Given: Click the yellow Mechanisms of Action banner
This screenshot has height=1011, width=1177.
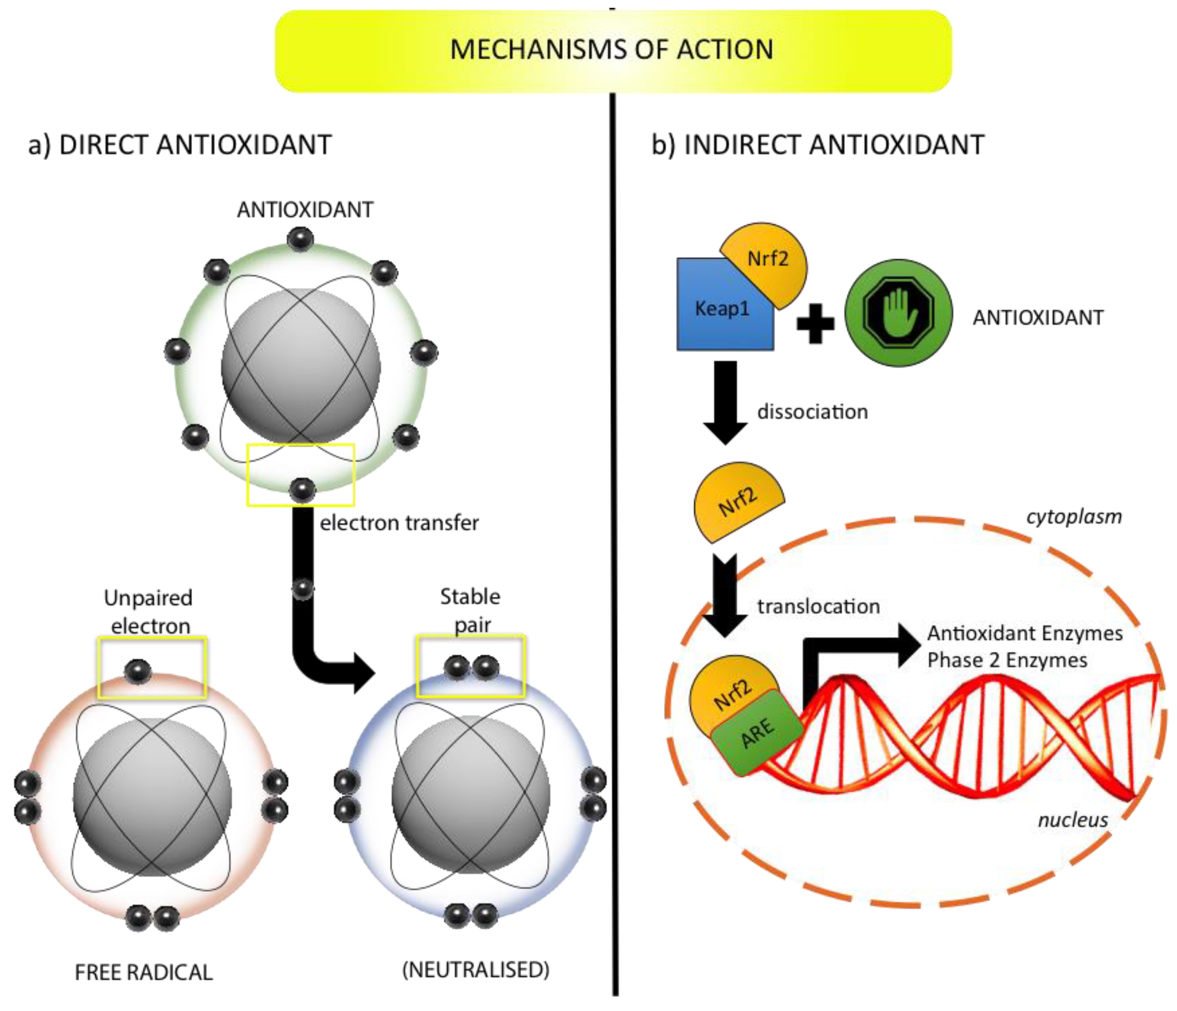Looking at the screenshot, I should pos(612,50).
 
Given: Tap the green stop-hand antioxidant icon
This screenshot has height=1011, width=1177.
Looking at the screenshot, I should pos(898,313).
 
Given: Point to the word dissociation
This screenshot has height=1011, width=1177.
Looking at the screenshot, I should pos(812,412).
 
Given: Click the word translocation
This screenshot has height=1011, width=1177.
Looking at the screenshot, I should pos(818,606).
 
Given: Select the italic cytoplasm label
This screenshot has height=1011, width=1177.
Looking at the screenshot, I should pos(1073,517).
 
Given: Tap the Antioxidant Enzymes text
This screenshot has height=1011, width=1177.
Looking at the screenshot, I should pos(1025,633).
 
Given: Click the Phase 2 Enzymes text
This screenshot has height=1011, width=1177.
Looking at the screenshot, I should pos(1007,661).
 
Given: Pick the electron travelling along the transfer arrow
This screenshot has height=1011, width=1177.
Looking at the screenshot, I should pos(302,588).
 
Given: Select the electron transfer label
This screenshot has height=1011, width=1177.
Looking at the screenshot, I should pos(399,523).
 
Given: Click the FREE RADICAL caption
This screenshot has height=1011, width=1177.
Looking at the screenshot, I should pos(144,972).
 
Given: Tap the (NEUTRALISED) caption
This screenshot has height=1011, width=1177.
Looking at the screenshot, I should pos(475,969).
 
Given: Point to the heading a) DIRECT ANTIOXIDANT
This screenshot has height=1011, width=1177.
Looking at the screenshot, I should pos(180,144).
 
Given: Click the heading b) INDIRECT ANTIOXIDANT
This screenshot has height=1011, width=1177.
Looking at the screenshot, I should pos(817,144).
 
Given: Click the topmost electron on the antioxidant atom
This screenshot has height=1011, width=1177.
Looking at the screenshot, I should pos(300,238).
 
